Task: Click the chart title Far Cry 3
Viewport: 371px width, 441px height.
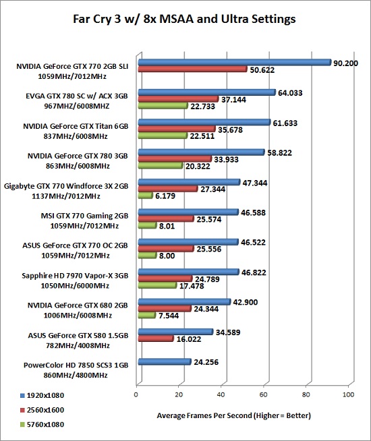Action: pos(184,19)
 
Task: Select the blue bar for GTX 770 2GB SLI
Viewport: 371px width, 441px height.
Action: pos(235,62)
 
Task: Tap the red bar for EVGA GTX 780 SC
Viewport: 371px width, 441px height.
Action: pos(178,99)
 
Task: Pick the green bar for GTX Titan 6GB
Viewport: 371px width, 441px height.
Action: pos(163,136)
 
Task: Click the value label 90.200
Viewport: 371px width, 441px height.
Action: pos(345,63)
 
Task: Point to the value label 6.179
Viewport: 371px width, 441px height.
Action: pos(165,196)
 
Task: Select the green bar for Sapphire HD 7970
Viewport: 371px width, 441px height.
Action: pos(158,285)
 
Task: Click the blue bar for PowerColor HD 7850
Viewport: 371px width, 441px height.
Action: pos(165,361)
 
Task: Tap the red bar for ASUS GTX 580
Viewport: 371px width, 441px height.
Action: pos(156,339)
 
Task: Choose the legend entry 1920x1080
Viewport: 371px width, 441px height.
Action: pos(42,395)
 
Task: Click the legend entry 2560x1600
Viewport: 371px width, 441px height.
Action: pos(42,410)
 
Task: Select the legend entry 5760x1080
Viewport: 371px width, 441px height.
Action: pos(42,424)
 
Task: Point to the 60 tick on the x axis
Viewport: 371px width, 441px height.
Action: pos(263,394)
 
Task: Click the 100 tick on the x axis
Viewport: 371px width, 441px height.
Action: pos(348,394)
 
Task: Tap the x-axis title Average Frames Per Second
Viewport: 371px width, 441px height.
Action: pos(234,415)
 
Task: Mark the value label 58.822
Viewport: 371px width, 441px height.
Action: pos(279,152)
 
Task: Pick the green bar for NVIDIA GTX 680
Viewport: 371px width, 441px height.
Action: pos(147,316)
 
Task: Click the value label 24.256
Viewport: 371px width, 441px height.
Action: pos(206,362)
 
